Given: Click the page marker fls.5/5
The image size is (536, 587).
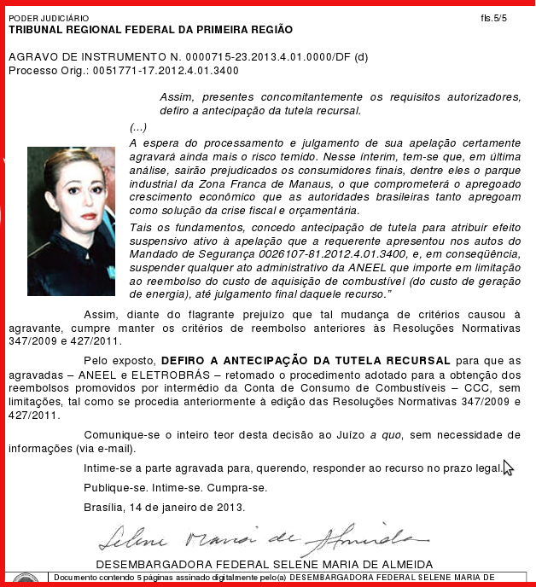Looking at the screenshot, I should click(x=493, y=17).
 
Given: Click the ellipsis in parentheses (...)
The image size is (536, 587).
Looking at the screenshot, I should click(x=138, y=126).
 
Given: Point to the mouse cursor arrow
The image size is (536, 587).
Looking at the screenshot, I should click(x=507, y=468).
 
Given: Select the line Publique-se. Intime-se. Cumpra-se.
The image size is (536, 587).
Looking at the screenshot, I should click(x=175, y=488).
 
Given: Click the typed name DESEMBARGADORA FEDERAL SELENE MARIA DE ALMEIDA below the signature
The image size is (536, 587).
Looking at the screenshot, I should click(x=265, y=564).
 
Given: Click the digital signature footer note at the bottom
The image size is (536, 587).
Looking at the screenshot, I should click(x=273, y=577).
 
